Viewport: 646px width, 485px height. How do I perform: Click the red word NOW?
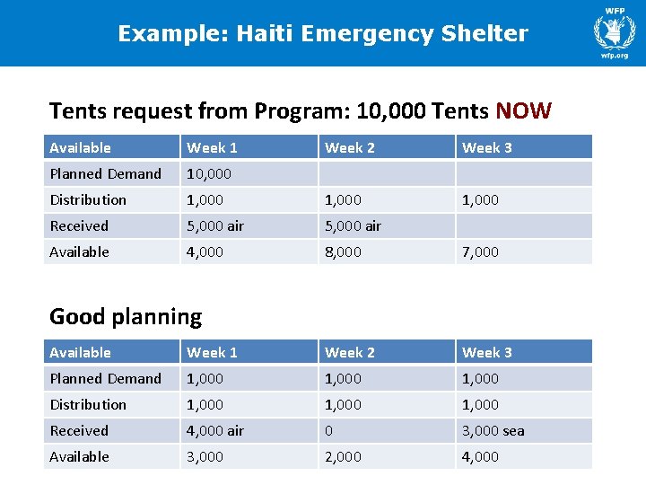[523, 111]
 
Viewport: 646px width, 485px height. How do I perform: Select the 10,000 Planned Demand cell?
[208, 173]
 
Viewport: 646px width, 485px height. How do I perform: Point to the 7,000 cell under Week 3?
[480, 251]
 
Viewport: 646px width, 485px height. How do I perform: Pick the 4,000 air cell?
[214, 430]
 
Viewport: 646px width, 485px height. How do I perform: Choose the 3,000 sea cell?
[493, 430]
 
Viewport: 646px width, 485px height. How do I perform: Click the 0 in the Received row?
[328, 430]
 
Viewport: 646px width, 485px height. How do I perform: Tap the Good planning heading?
[126, 316]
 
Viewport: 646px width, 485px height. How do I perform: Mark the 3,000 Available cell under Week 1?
[205, 456]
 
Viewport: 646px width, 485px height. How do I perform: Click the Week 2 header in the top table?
[349, 147]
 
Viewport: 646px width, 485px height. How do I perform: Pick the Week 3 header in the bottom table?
[486, 352]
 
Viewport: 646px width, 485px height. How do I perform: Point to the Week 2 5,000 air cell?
[353, 225]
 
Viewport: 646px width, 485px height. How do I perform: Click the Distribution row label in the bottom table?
[88, 404]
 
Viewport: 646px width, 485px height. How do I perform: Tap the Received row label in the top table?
[79, 225]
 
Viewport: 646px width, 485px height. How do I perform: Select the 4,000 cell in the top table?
[205, 251]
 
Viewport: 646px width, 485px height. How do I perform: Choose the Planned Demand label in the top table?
[105, 173]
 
